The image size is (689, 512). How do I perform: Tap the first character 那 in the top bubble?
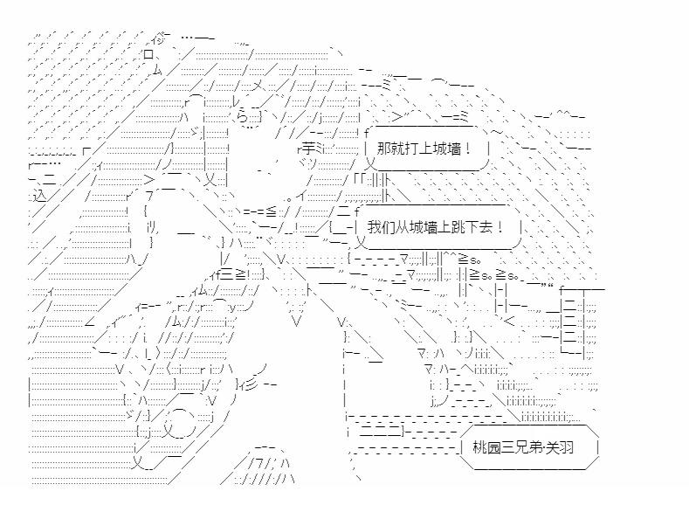tap(383, 149)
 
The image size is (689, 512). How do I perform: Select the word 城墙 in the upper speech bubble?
tap(447, 149)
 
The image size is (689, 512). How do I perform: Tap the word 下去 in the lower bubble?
tap(479, 227)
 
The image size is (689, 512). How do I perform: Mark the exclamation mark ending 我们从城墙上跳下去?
tap(500, 227)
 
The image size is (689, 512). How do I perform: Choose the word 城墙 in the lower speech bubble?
tap(424, 227)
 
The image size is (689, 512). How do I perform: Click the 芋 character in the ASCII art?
tap(308, 149)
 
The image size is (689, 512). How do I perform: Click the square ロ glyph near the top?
tap(148, 54)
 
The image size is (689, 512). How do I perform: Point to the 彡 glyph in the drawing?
tap(251, 386)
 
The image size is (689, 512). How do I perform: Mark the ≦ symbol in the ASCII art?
tap(271, 211)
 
